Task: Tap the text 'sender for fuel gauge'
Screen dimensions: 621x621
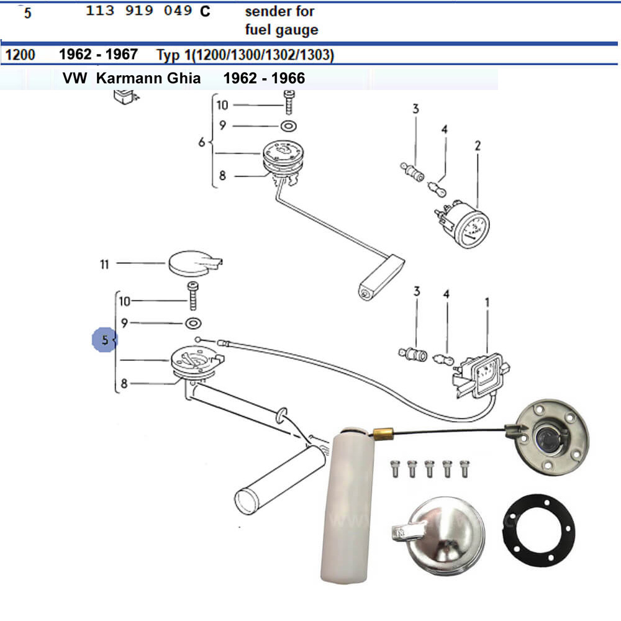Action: point(281,20)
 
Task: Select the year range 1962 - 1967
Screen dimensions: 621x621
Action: point(98,55)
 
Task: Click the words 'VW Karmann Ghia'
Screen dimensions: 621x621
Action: point(131,79)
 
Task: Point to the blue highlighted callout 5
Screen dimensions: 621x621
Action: point(104,340)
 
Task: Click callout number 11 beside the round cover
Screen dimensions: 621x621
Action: point(104,264)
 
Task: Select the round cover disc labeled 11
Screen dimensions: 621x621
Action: point(189,263)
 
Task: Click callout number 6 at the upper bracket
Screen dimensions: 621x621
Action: point(201,143)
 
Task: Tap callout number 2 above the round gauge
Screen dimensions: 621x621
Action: point(478,147)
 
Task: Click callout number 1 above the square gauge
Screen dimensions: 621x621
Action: point(487,302)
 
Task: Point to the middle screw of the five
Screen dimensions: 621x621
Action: point(429,468)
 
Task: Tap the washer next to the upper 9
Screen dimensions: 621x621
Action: point(288,127)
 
